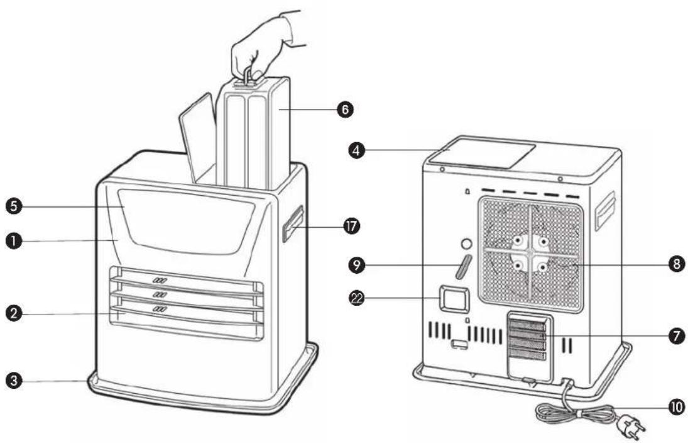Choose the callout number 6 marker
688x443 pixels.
coord(345,109)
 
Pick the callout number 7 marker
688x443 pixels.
coord(677,337)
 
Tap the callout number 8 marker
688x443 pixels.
coord(677,265)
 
